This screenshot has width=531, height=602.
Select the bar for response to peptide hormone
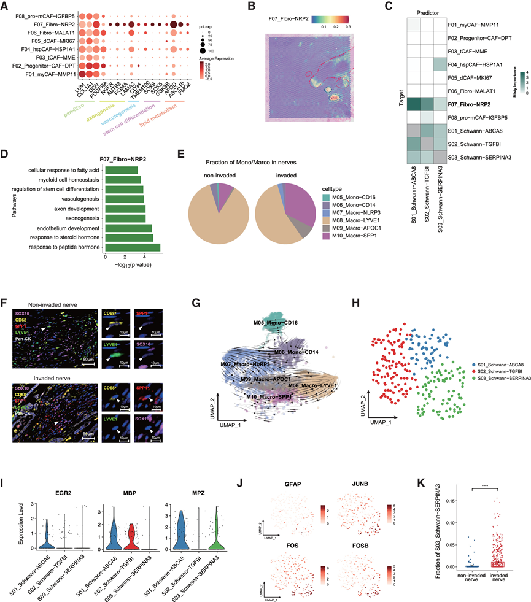pyautogui.click(x=133, y=247)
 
